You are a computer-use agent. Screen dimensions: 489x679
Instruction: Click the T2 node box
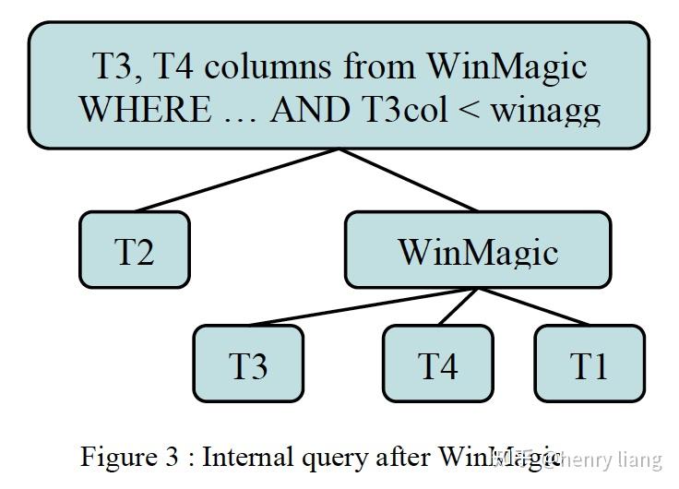tap(134, 250)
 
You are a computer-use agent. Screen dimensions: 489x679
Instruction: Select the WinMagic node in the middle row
tap(477, 250)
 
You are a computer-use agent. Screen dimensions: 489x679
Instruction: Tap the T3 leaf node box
tap(248, 364)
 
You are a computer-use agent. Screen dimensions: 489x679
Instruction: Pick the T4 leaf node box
tap(437, 364)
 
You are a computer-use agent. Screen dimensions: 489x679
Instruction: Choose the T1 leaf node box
tap(590, 364)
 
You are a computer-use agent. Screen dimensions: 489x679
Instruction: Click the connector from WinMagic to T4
tap(458, 306)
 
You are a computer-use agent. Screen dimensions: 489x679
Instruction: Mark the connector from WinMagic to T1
tap(532, 306)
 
